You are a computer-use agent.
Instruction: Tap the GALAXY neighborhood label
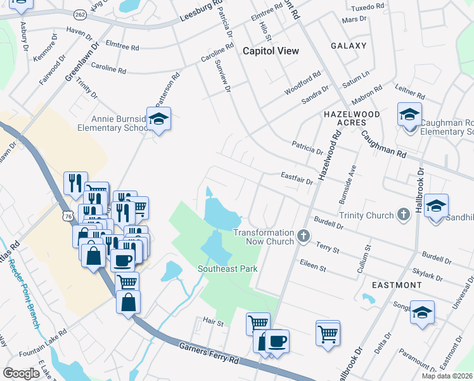click(349, 46)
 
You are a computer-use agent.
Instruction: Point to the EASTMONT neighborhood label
click(397, 285)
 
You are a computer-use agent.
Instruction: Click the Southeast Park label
click(227, 269)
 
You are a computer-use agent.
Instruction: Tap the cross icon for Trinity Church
click(403, 215)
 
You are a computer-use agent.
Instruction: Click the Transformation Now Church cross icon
click(304, 237)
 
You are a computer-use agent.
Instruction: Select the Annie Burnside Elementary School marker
click(158, 119)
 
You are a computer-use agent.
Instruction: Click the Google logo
click(21, 373)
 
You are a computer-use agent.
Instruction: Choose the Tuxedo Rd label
click(368, 6)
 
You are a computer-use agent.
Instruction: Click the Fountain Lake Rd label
click(43, 343)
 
